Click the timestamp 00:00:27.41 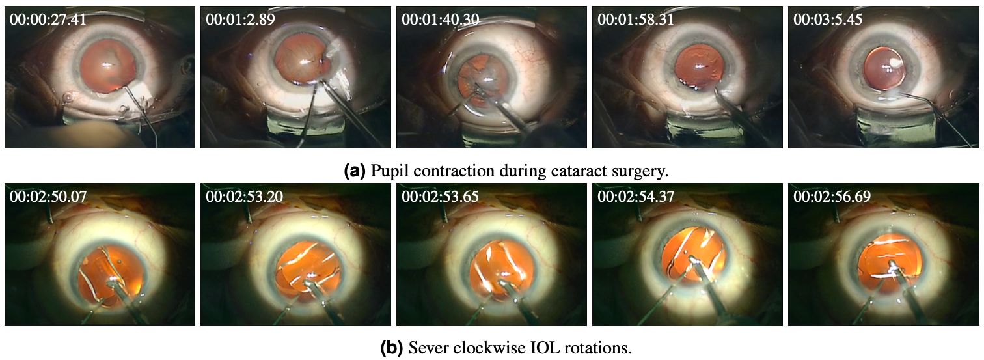(x=48, y=20)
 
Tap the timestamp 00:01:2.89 (x=240, y=20)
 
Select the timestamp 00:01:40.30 (x=441, y=20)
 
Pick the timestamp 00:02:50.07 (x=48, y=196)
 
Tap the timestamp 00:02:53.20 (x=244, y=196)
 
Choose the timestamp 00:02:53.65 (x=441, y=196)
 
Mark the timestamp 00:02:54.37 (x=636, y=196)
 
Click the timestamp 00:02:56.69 (x=832, y=196)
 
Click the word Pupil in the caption (x=388, y=171)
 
